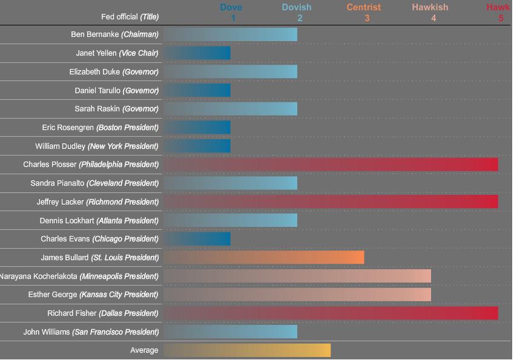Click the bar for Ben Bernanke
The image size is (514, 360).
tap(230, 34)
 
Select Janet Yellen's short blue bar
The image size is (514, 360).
tap(197, 53)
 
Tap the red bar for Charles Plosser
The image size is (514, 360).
tap(331, 165)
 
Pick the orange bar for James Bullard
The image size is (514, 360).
tap(263, 258)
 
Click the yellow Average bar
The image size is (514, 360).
tap(247, 350)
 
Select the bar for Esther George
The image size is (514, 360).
tap(297, 295)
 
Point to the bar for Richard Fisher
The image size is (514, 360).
tap(331, 313)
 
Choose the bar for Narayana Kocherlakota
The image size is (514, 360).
tap(297, 277)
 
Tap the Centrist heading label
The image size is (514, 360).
tap(364, 7)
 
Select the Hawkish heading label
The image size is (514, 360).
tap(430, 7)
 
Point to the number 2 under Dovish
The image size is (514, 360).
tap(300, 18)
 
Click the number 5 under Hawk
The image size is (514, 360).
tap(501, 18)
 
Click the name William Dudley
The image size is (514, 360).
tap(61, 146)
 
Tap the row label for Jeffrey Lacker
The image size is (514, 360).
tap(91, 202)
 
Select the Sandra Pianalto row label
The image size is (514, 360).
tap(94, 183)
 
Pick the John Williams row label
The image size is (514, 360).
tap(91, 332)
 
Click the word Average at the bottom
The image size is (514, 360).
tap(144, 350)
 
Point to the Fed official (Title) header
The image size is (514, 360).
tap(130, 17)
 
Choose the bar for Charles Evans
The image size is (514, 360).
tap(197, 239)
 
